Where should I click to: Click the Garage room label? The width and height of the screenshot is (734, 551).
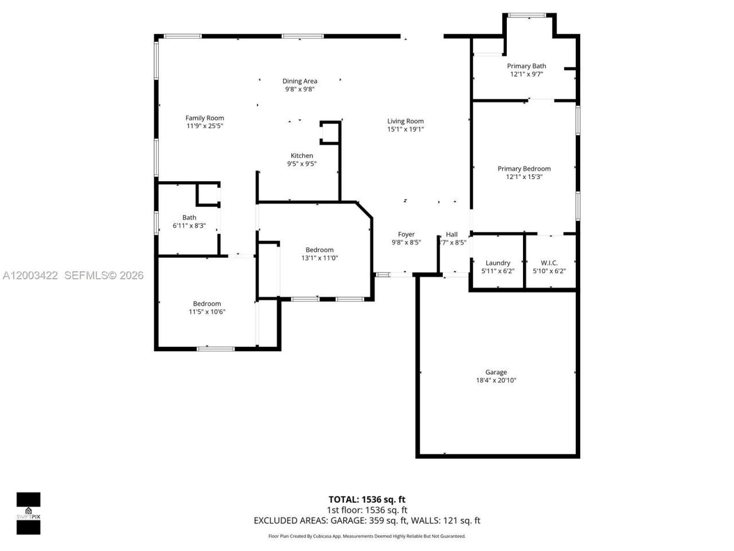point(495,372)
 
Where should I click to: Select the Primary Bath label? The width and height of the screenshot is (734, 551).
point(526,66)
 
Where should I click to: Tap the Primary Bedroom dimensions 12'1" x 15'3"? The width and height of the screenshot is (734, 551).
point(524,177)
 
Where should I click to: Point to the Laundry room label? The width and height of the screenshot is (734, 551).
point(498,263)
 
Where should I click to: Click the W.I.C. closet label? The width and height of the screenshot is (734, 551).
point(549,263)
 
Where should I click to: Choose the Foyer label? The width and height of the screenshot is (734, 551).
point(406,234)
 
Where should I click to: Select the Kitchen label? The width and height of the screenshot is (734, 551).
point(302,156)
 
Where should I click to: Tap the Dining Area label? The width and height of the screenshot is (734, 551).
point(299,81)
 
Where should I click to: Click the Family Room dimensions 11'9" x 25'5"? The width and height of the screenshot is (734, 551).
point(204,126)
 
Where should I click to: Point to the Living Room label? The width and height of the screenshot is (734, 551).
point(405,121)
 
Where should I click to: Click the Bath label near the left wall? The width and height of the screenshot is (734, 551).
point(189,218)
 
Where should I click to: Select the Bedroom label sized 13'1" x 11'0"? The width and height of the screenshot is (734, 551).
point(319,250)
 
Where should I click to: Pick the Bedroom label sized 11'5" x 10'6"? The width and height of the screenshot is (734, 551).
point(206,304)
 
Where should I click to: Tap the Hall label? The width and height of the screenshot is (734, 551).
point(452,234)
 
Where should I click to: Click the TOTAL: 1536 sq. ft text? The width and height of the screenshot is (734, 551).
point(367,499)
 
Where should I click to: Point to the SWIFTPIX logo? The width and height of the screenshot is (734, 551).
point(28,513)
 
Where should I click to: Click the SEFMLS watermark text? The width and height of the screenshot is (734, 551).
point(104,275)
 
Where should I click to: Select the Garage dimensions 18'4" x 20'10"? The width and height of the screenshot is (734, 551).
point(495,380)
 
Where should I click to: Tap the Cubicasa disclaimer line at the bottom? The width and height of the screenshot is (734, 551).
point(367,536)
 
